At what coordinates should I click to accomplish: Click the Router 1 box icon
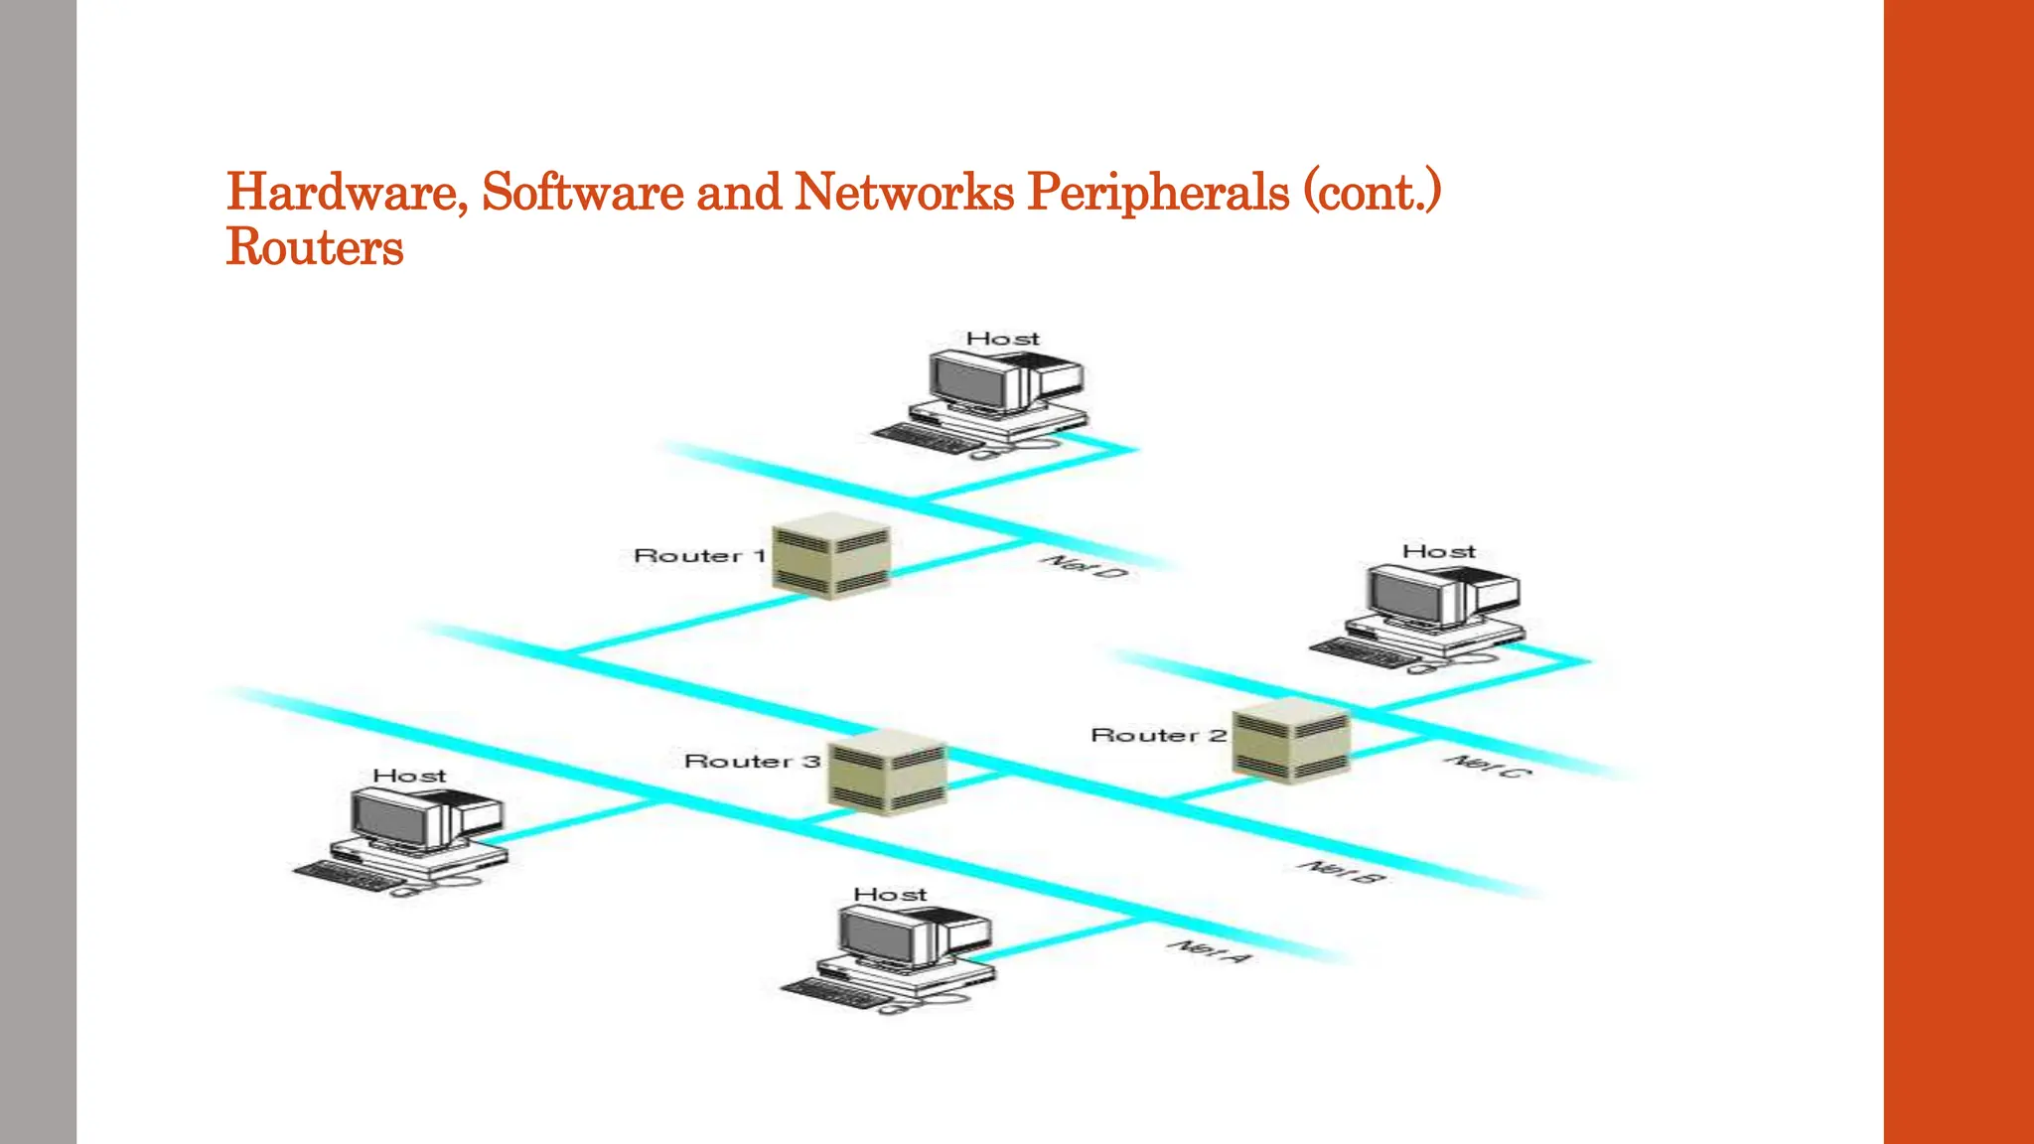tap(831, 556)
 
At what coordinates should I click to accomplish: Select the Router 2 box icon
tap(1291, 741)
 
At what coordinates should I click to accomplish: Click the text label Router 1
tap(699, 556)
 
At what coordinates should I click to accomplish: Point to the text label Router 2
tap(1158, 736)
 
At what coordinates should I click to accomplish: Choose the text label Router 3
tap(752, 762)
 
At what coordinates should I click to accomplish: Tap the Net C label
tap(1486, 766)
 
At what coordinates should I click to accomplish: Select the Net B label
tap(1341, 873)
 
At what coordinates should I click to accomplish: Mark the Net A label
tap(1210, 950)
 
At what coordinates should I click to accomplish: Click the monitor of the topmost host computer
tap(968, 381)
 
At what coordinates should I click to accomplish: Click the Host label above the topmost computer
tap(1002, 340)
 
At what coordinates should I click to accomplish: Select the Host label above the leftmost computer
tap(409, 777)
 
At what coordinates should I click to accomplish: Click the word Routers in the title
tap(314, 247)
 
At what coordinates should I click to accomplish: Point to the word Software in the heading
tap(582, 192)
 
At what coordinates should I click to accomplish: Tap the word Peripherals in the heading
tap(1157, 192)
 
